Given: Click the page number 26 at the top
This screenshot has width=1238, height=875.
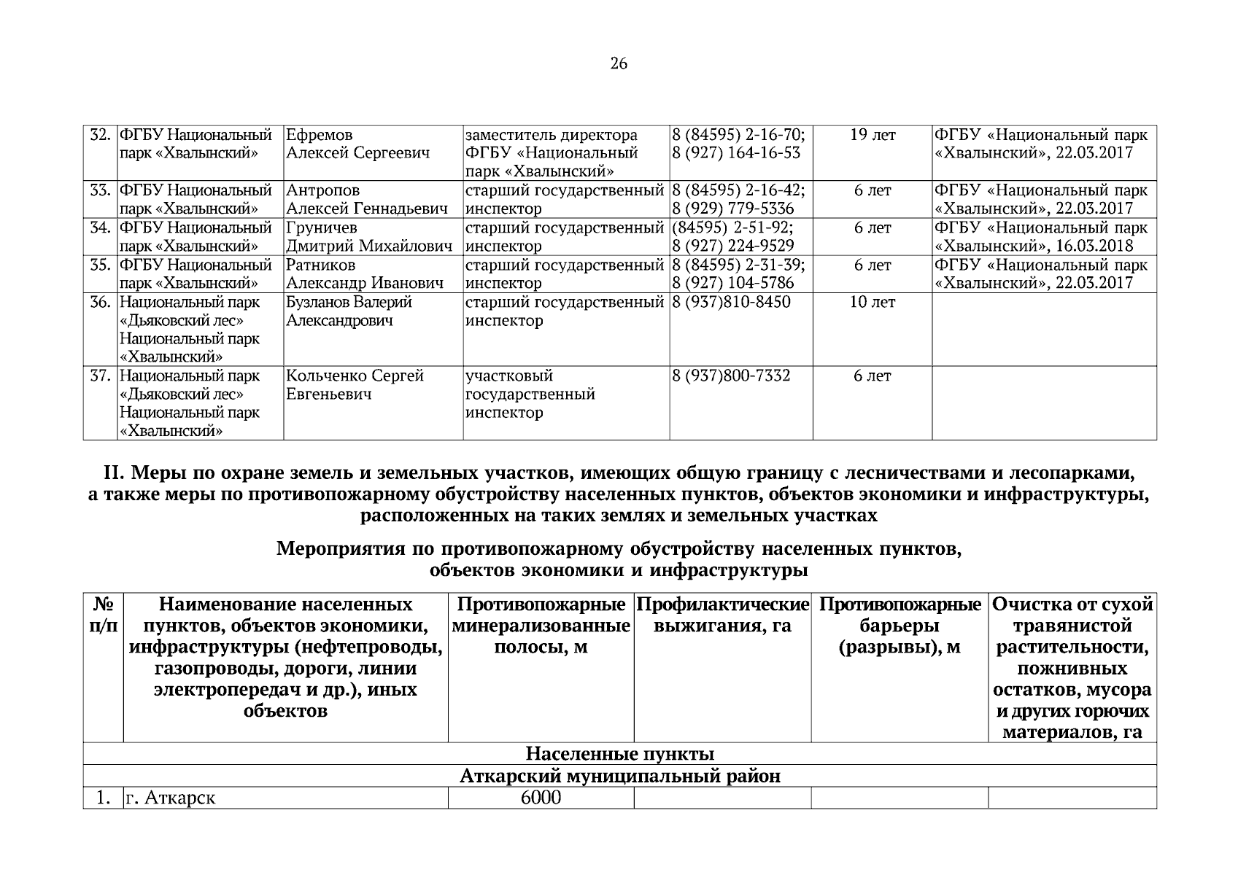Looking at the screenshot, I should (618, 64).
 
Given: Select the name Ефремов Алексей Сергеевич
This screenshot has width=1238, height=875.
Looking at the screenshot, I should (357, 144).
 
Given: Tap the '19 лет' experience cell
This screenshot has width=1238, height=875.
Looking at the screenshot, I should (873, 136).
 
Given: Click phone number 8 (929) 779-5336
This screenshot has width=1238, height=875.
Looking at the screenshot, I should (732, 209).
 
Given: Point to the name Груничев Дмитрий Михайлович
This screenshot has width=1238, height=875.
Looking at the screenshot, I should (369, 237).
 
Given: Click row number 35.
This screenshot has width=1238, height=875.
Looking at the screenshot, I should (100, 265).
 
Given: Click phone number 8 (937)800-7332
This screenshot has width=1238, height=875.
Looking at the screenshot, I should (731, 376).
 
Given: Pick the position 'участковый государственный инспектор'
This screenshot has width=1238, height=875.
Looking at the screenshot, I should (530, 394).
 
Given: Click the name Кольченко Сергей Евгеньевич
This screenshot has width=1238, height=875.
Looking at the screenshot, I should (355, 385).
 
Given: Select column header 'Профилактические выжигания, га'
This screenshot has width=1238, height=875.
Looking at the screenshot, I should (722, 615).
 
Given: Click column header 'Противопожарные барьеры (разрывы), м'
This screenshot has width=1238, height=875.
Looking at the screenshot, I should (899, 626).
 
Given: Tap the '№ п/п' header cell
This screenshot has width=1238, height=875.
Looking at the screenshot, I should (103, 615).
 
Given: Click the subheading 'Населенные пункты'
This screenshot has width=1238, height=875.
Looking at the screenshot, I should (619, 754).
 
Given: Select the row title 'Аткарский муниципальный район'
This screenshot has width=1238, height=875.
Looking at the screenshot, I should (619, 777).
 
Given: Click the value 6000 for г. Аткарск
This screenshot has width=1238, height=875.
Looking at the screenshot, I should (541, 798).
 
